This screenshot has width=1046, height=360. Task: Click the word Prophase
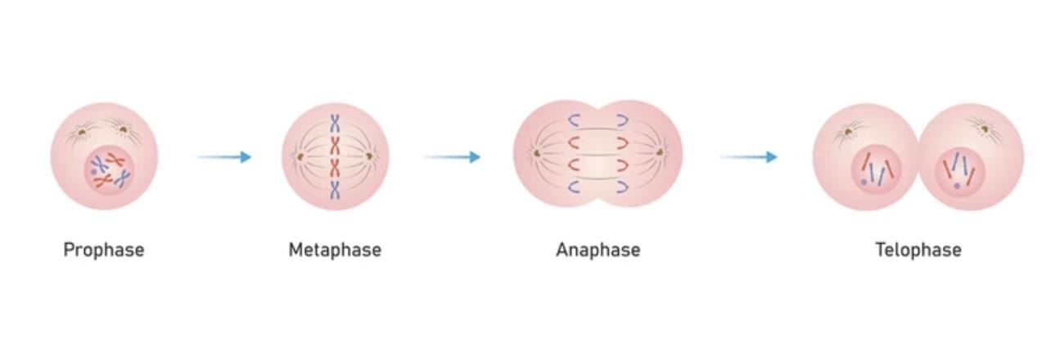point(104,250)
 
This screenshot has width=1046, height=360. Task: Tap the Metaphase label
point(334,250)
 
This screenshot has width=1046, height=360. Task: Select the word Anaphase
point(597,250)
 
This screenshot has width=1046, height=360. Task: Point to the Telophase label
point(918,250)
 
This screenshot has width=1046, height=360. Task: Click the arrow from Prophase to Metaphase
point(223,156)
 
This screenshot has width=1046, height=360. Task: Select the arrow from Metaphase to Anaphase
point(451,156)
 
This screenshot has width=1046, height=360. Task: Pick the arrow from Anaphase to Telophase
point(747,156)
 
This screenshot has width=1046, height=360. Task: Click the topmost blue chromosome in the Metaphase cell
point(335,124)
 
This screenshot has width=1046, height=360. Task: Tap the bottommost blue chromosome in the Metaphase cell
point(335,191)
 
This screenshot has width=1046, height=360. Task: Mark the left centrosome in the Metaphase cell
point(300,155)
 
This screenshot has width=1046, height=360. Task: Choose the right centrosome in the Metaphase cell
point(370,155)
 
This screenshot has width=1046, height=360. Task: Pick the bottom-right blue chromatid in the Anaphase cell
point(622,187)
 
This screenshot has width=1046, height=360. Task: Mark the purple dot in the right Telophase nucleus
point(957,186)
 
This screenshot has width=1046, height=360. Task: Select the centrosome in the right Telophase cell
point(982,127)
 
